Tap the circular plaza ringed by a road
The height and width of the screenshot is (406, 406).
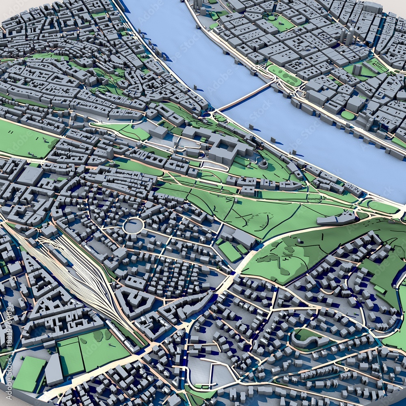click(x=133, y=225)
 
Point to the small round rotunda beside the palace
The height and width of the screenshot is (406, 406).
click(x=263, y=164)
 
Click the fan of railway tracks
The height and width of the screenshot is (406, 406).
click(x=81, y=268)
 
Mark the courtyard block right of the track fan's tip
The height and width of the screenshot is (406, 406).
click(x=134, y=300)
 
